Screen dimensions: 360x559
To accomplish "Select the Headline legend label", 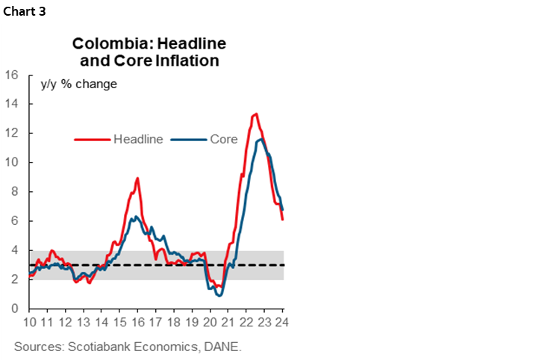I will pyautogui.click(x=138, y=139).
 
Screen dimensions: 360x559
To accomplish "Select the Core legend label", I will pyautogui.click(x=223, y=139).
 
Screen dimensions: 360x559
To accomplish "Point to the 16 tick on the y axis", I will pyautogui.click(x=12, y=75).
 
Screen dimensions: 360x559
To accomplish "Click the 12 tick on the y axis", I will pyautogui.click(x=12, y=133).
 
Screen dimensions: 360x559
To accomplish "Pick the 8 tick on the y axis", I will pyautogui.click(x=15, y=191).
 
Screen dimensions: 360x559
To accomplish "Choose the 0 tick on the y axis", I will pyautogui.click(x=15, y=308).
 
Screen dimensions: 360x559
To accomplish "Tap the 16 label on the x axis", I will pyautogui.click(x=137, y=323).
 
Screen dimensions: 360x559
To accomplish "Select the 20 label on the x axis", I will pyautogui.click(x=210, y=323).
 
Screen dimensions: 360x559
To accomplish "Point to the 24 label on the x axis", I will pyautogui.click(x=283, y=323).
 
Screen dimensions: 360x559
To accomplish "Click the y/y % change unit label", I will pyautogui.click(x=78, y=84).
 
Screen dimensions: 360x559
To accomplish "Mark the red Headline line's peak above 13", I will pyautogui.click(x=256, y=114).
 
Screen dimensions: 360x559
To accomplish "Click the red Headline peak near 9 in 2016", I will pyautogui.click(x=137, y=179).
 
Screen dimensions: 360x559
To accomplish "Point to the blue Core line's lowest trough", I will pyautogui.click(x=219, y=296).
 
